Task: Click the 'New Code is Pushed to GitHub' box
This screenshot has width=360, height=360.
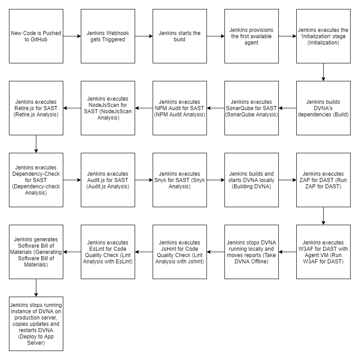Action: [x=36, y=36]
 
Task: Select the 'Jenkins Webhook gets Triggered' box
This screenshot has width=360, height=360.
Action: [x=108, y=36]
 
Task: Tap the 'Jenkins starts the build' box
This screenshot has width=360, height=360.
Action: [x=180, y=36]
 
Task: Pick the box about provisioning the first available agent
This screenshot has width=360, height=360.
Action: [x=251, y=36]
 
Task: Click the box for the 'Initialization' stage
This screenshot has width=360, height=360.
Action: [x=323, y=36]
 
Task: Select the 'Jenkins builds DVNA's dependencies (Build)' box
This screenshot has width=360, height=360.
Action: [x=323, y=108]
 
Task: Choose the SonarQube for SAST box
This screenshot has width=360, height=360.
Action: [x=251, y=108]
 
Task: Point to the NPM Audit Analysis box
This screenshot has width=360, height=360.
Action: [x=180, y=108]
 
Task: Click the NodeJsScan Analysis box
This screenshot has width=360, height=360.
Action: [x=108, y=108]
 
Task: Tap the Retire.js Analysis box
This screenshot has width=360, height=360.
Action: [x=36, y=108]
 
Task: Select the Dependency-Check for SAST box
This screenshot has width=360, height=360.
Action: [x=36, y=180]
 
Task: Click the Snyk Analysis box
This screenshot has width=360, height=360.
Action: [x=180, y=180]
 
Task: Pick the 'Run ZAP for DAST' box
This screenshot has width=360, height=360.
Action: [x=323, y=180]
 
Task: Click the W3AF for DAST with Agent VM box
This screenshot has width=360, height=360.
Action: [x=323, y=252]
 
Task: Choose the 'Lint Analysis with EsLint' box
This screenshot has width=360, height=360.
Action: [x=108, y=252]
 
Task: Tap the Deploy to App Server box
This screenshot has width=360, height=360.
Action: [x=36, y=324]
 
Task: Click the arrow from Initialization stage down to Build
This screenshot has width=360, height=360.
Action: [x=323, y=72]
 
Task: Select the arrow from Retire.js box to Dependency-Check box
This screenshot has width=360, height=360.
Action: [x=36, y=144]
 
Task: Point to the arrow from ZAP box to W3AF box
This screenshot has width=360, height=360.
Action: [x=323, y=216]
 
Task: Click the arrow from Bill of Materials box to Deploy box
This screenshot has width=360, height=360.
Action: [x=36, y=288]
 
